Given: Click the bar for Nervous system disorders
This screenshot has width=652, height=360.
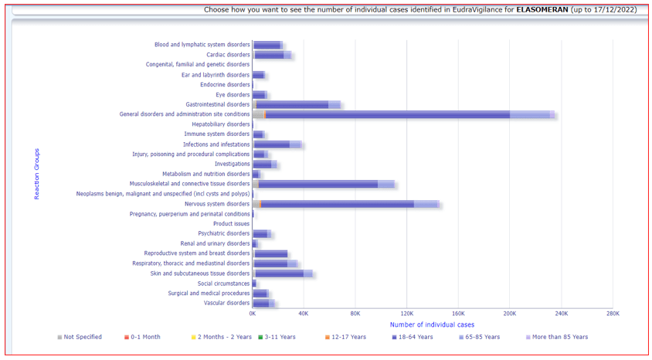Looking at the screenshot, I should click(340, 204).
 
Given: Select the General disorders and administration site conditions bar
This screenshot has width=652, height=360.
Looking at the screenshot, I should click(402, 114).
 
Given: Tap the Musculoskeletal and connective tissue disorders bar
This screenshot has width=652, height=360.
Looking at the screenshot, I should click(321, 184).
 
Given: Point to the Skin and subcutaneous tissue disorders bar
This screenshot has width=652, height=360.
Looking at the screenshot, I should click(281, 273).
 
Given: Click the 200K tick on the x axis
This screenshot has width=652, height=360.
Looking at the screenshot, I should click(510, 314).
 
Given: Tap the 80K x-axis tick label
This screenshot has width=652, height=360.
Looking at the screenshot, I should click(355, 314).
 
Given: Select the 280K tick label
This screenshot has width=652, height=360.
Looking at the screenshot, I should click(613, 314).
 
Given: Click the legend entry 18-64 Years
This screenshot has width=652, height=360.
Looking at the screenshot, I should click(414, 337).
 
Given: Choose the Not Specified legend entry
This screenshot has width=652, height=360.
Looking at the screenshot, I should click(80, 337).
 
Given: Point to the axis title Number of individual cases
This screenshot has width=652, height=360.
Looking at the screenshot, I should click(432, 324).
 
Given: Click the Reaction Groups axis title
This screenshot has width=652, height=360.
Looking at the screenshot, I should click(36, 174).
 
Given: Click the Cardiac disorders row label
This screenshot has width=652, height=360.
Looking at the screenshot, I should click(228, 55).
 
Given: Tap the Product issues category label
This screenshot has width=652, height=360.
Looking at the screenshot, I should click(231, 224).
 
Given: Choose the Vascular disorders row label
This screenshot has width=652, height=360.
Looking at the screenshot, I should click(226, 303).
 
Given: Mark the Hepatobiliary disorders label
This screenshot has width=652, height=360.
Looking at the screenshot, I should click(221, 124).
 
